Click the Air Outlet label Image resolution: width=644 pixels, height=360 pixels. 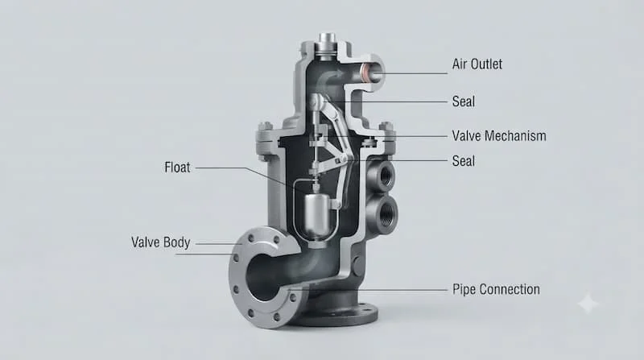477,64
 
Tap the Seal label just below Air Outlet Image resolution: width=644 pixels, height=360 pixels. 464,101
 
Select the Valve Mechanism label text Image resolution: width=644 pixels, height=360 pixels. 499,136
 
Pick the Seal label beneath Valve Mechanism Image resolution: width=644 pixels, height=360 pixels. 464,161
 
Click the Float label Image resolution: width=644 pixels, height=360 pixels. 177,168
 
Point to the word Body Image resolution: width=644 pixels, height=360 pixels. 175,242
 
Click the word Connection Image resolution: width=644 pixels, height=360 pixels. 510,289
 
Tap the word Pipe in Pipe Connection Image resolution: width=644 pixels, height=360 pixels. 464,290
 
